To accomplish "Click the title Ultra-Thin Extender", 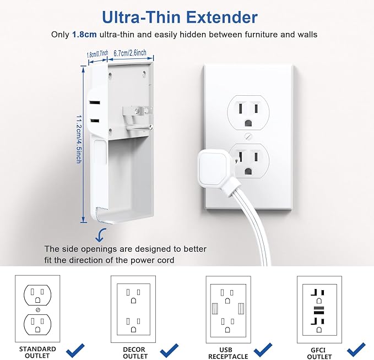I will tap(187, 17).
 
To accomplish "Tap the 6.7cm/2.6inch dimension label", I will tap(129, 53).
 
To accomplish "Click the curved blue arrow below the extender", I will tap(101, 235).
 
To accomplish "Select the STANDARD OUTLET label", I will tap(37, 352).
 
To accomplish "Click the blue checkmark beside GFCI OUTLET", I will tap(357, 349).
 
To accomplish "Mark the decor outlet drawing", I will tap(133, 309).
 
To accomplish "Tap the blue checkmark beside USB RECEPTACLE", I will tap(263, 349).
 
